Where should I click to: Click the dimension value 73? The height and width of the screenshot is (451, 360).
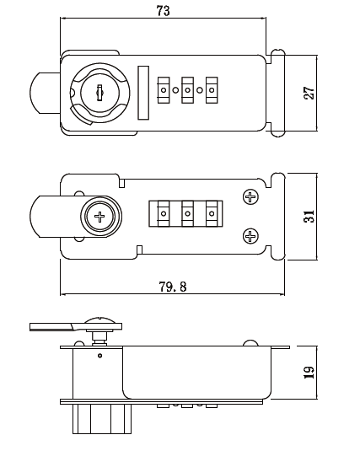[x=164, y=10]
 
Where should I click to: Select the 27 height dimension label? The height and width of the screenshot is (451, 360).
[x=310, y=93]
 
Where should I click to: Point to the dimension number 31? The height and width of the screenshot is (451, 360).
[x=310, y=216]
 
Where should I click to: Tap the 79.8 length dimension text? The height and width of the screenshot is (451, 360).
[x=172, y=287]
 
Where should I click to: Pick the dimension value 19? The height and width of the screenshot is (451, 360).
[x=310, y=371]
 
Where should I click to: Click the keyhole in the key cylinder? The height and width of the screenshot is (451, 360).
[x=99, y=93]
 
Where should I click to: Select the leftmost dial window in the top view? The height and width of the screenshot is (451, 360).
[x=164, y=89]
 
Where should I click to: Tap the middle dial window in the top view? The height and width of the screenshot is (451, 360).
[x=187, y=89]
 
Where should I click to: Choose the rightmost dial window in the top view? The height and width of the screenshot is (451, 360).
[x=211, y=89]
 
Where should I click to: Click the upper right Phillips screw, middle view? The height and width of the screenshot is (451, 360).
[x=250, y=197]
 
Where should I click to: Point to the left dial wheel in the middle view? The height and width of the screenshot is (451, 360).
[x=160, y=214]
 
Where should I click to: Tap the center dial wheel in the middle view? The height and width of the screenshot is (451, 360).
[x=187, y=214]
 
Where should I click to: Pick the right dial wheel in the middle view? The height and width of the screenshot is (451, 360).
[x=213, y=214]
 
